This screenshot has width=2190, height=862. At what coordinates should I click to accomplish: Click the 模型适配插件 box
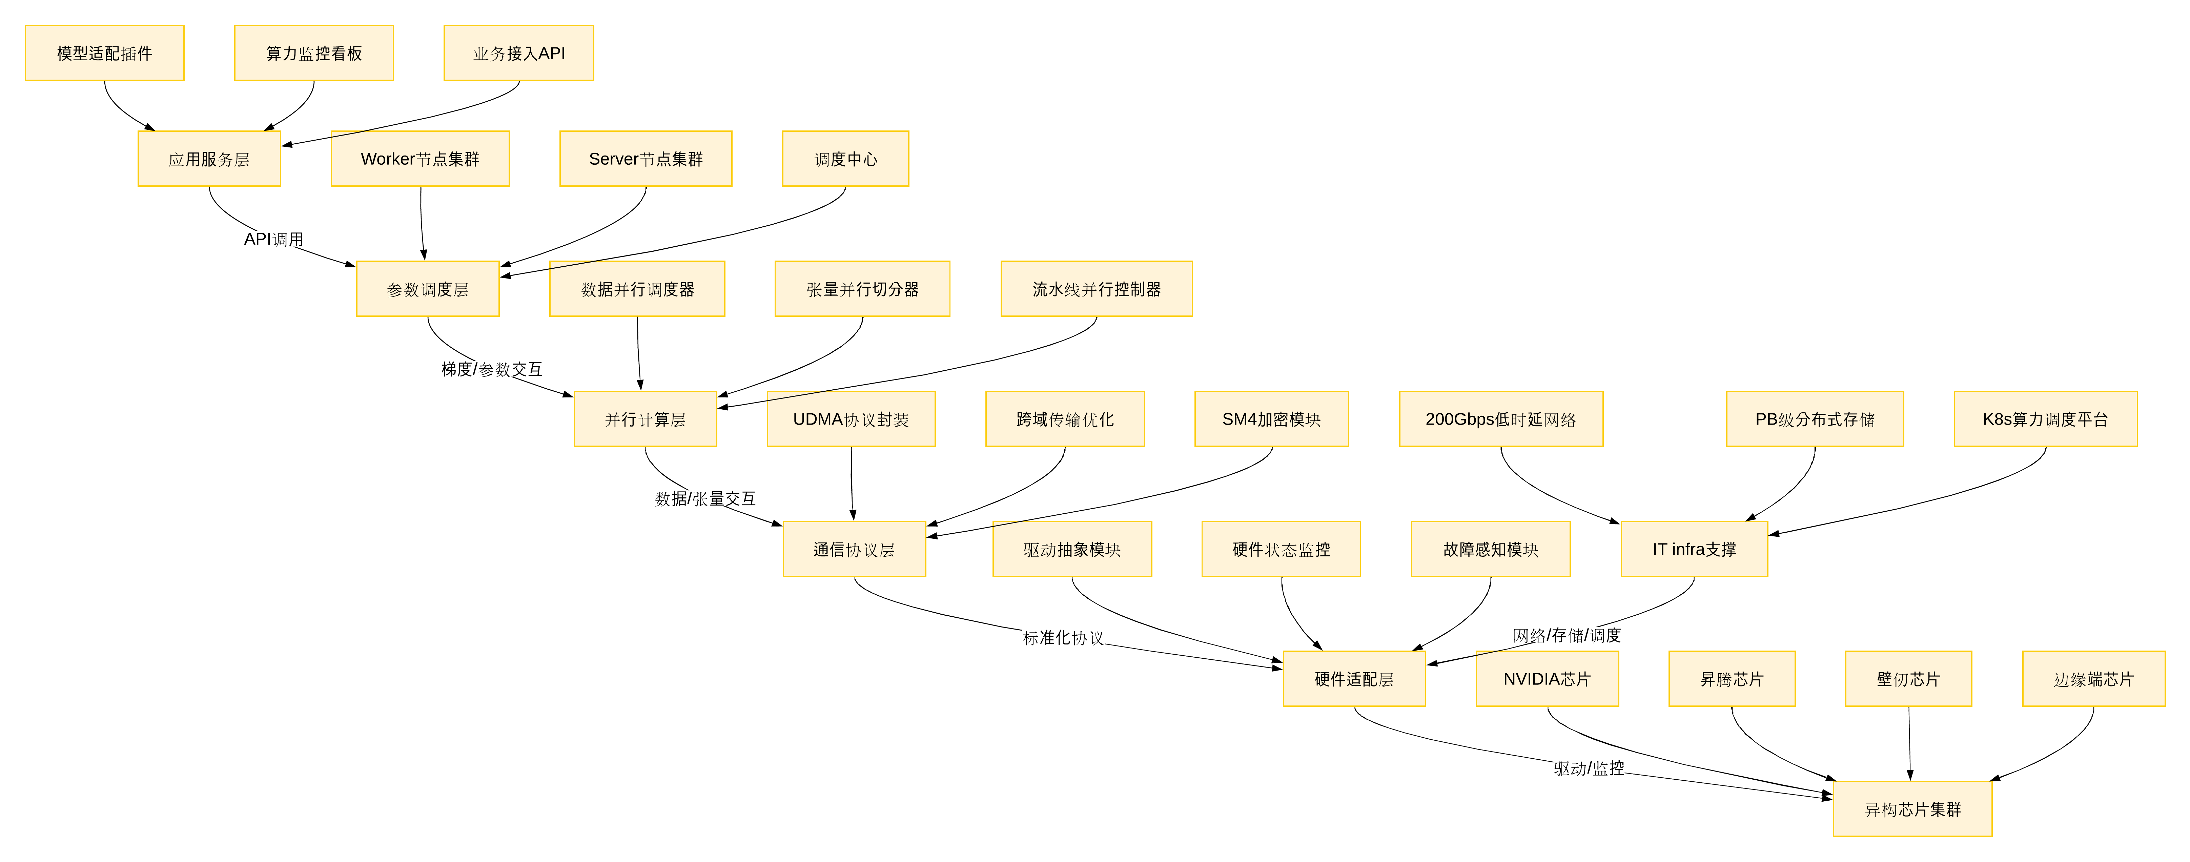click(105, 53)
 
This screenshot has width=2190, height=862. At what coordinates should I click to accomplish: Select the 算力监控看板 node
click(314, 53)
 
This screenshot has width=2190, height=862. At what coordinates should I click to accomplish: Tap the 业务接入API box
click(518, 53)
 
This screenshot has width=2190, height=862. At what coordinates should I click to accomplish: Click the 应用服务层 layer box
click(209, 159)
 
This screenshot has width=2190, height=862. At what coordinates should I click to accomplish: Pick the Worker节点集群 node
click(420, 159)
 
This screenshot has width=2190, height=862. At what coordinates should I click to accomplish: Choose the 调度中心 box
click(845, 159)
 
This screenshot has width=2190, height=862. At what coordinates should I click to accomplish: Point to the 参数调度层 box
click(428, 289)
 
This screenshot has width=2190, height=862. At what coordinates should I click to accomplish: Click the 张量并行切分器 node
click(862, 289)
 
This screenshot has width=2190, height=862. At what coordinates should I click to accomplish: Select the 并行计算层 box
click(645, 419)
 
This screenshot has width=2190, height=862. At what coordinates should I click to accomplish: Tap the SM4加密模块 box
click(1271, 419)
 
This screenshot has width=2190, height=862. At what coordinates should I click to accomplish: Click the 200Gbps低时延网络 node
click(1500, 419)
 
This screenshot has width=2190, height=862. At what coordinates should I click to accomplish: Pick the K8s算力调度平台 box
click(2045, 419)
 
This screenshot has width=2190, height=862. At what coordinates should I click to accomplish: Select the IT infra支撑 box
click(1694, 549)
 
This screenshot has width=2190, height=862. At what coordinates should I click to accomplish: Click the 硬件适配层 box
click(1353, 679)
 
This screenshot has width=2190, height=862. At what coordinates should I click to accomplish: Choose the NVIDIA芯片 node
click(1547, 679)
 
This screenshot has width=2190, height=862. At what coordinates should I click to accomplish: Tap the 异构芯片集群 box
click(1912, 809)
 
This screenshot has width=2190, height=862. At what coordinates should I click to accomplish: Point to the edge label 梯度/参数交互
click(491, 369)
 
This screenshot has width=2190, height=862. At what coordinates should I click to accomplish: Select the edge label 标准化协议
click(1063, 638)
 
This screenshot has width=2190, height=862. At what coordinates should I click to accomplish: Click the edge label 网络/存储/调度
click(1566, 635)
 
